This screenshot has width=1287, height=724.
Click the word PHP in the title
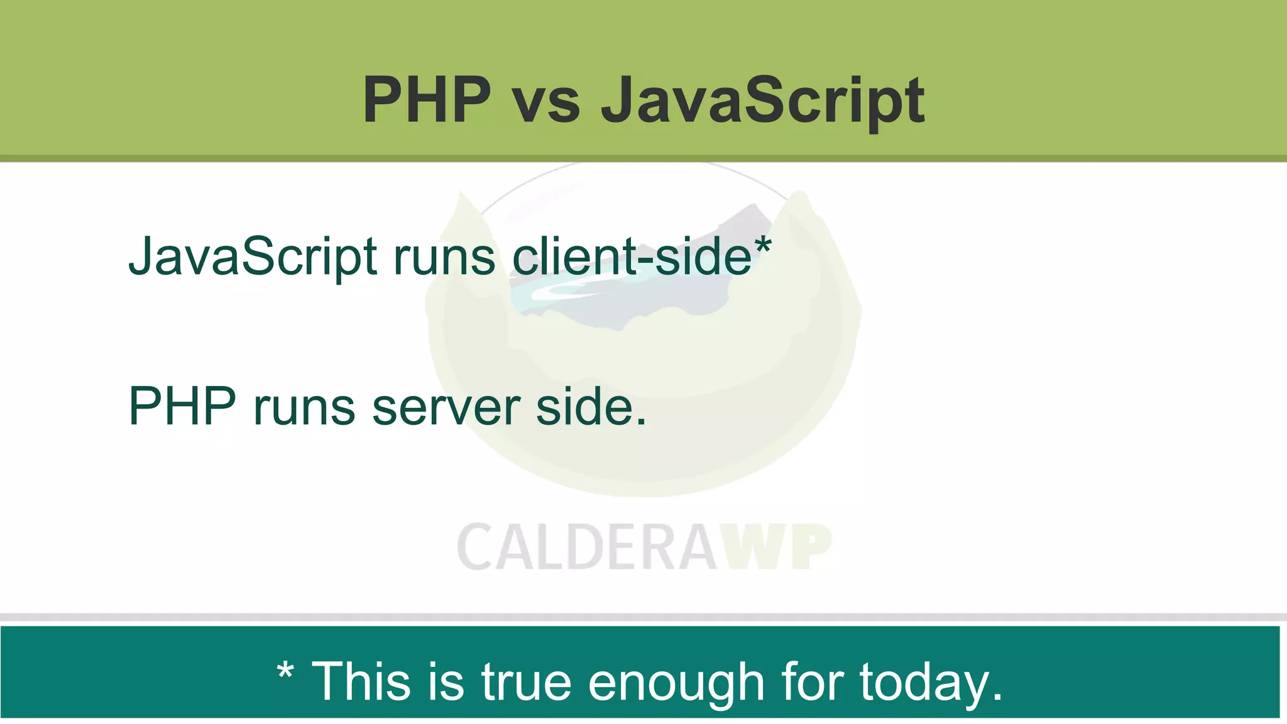click(427, 100)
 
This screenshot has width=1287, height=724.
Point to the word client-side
click(631, 256)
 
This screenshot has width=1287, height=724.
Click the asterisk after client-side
click(762, 245)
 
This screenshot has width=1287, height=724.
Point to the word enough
click(676, 684)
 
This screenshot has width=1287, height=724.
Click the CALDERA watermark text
click(587, 547)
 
